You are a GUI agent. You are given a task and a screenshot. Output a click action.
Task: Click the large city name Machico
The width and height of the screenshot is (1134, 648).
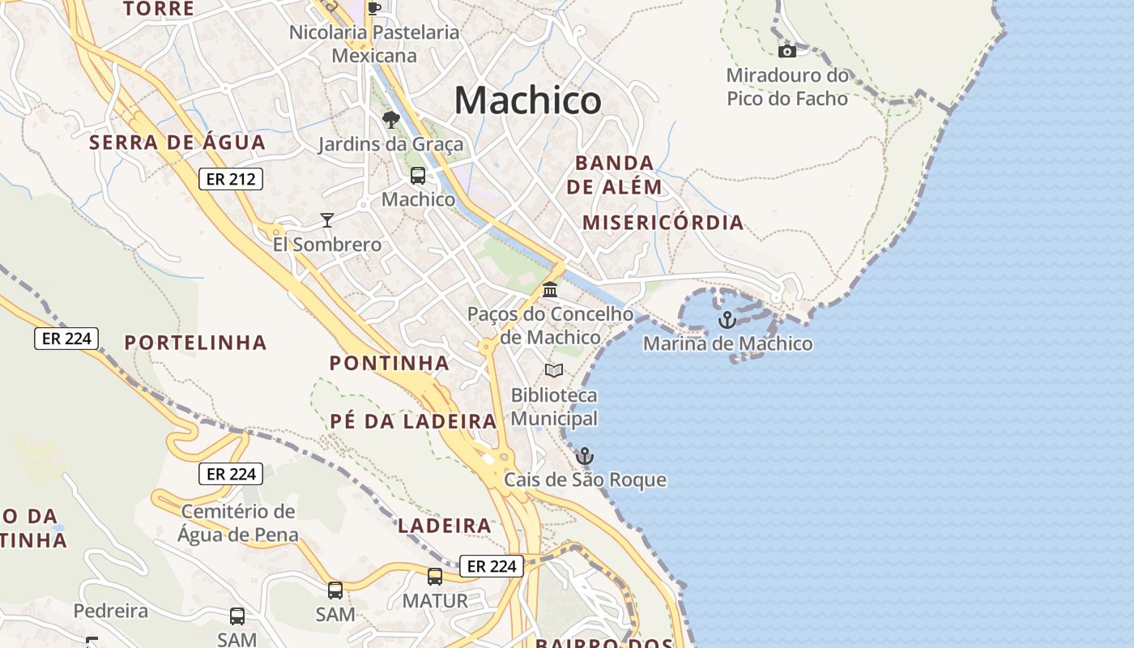(527, 100)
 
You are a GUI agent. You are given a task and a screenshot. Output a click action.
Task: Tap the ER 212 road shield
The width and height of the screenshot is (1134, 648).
(231, 179)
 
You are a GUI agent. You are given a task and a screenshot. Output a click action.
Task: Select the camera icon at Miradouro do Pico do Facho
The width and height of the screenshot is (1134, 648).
(787, 52)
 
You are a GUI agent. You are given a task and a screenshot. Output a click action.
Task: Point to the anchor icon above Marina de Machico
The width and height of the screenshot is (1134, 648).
(727, 320)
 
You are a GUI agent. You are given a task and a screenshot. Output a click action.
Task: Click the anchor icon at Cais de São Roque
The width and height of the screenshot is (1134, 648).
(584, 456)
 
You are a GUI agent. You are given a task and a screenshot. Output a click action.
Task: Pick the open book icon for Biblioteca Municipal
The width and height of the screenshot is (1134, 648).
(554, 371)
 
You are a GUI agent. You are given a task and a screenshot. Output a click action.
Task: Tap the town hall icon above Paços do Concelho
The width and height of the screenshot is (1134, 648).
(550, 289)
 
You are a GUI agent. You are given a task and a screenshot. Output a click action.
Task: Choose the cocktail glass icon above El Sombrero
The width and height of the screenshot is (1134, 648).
(326, 220)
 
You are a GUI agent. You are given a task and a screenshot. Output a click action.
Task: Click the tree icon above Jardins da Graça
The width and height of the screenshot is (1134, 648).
(391, 121)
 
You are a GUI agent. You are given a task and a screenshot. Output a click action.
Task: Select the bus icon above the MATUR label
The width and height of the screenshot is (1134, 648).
(435, 577)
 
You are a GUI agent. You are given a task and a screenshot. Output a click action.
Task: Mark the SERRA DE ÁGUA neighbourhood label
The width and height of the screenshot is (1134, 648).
(177, 143)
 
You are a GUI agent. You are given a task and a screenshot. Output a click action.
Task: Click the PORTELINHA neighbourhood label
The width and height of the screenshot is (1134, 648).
(195, 343)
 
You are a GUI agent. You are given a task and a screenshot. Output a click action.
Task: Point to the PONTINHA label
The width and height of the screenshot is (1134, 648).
(389, 363)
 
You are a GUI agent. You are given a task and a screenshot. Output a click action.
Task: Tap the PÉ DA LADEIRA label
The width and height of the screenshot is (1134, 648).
(413, 421)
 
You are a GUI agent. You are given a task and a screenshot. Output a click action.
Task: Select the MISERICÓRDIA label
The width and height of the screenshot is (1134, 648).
(663, 223)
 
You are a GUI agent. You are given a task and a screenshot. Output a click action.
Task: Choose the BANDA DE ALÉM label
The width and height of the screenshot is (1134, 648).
(614, 175)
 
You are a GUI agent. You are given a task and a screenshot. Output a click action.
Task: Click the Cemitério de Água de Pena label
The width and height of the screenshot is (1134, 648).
(237, 523)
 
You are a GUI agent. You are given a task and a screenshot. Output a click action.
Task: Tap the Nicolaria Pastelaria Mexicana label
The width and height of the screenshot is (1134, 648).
(374, 44)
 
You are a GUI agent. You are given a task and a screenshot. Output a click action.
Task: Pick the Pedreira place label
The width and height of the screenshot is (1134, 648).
(111, 611)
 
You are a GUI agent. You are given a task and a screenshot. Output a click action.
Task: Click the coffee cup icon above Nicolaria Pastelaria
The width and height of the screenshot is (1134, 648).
(373, 8)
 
